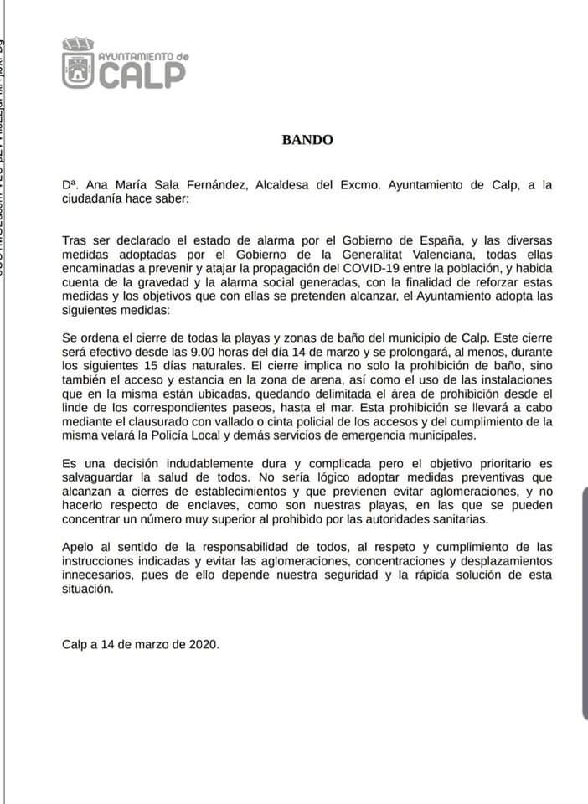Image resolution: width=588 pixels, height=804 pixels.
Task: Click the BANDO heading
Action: pos(307,140)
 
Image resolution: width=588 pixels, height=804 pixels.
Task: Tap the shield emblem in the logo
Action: pos(79,67)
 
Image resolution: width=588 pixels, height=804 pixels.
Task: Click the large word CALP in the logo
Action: pos(142,74)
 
